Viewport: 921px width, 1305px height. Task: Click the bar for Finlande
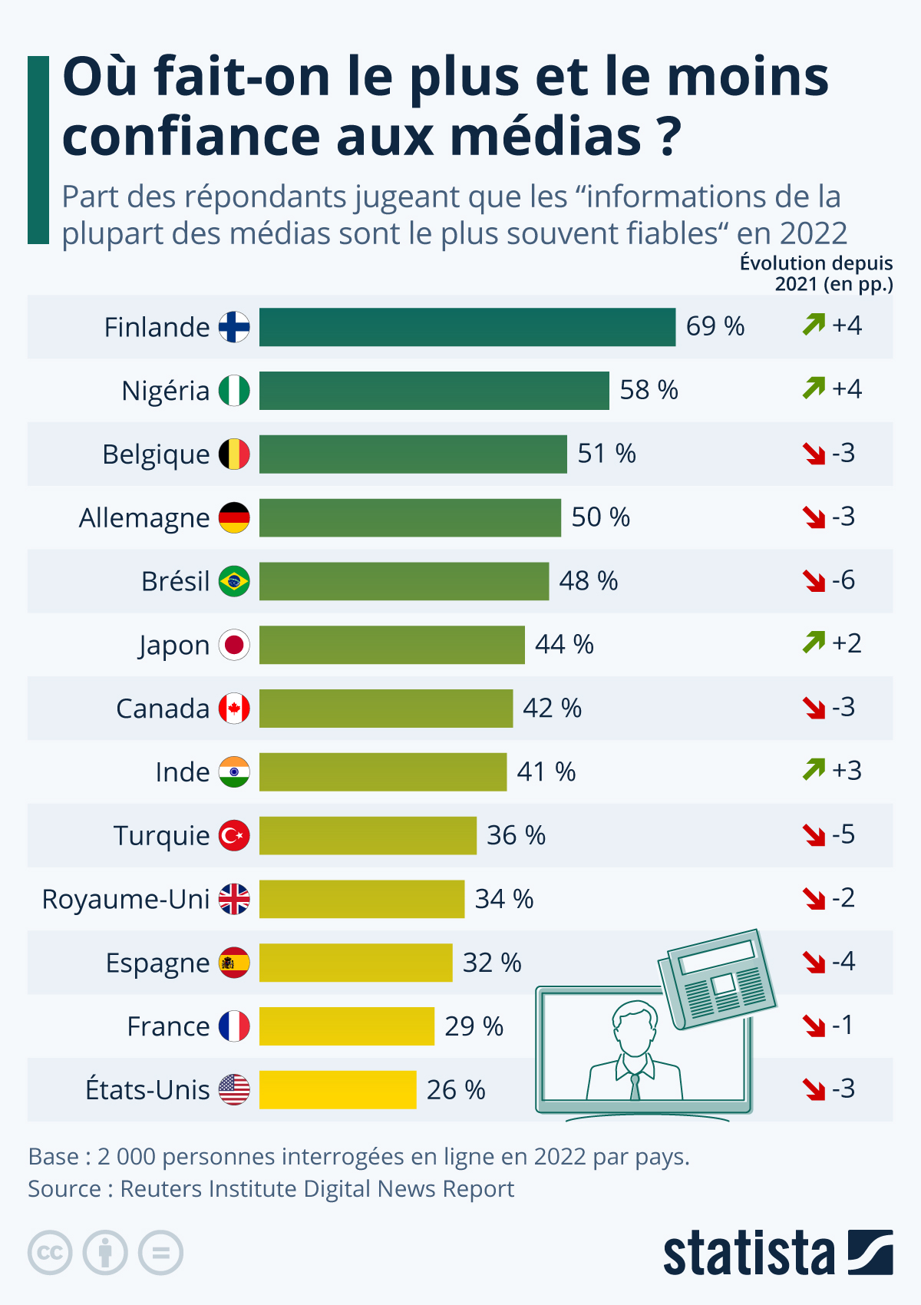(467, 327)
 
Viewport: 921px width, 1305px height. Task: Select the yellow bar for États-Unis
(338, 1090)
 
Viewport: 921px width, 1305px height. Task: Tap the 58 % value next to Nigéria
(649, 390)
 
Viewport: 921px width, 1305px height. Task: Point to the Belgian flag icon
(234, 454)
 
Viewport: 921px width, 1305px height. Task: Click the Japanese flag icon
(234, 645)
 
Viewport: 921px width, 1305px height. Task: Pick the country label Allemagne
(144, 518)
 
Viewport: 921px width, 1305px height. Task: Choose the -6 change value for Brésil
(843, 580)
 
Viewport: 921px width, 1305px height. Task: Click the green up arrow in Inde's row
(814, 769)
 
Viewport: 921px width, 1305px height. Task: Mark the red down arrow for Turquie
(814, 834)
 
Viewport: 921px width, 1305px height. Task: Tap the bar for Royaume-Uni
(361, 899)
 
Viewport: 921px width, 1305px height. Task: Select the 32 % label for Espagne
(491, 963)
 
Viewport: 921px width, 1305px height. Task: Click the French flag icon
(234, 1026)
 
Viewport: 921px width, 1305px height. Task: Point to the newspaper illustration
(718, 979)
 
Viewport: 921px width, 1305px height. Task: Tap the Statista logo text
(748, 1254)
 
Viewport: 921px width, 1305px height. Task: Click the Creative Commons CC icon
(50, 1253)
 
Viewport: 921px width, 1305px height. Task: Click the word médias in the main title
(545, 137)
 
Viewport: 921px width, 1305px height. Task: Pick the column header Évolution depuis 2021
(817, 273)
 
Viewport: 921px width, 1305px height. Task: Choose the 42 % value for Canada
(552, 709)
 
